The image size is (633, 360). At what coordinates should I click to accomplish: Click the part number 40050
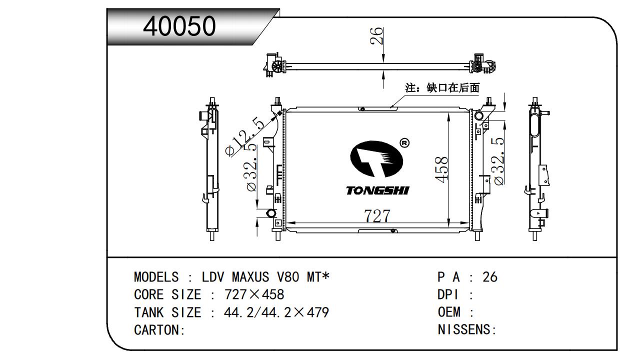coord(179,26)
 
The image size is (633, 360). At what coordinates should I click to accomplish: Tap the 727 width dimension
coord(377,215)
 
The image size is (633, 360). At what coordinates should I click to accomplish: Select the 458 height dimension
coord(441,169)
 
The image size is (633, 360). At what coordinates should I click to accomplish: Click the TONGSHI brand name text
coord(377,190)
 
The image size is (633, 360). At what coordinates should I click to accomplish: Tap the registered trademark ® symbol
coord(405,143)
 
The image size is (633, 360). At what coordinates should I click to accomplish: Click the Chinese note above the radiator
coord(442,88)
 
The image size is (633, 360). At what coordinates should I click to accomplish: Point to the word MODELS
coord(156,277)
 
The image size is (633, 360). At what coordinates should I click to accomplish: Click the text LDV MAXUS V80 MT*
coord(266,277)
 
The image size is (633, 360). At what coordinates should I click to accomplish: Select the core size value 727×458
coord(254,294)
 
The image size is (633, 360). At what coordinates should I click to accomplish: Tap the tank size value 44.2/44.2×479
coord(276,312)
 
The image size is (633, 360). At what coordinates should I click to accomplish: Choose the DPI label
coord(448,294)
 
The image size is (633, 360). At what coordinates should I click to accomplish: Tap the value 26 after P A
coord(490,277)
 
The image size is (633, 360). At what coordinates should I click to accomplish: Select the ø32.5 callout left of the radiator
coord(251,167)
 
